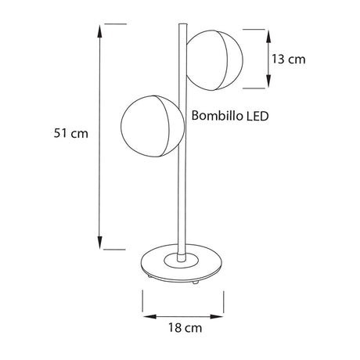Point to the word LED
(x=257, y=117)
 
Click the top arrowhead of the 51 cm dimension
(x=99, y=28)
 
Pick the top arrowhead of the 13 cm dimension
(x=268, y=33)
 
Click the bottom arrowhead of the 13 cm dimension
(x=268, y=84)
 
